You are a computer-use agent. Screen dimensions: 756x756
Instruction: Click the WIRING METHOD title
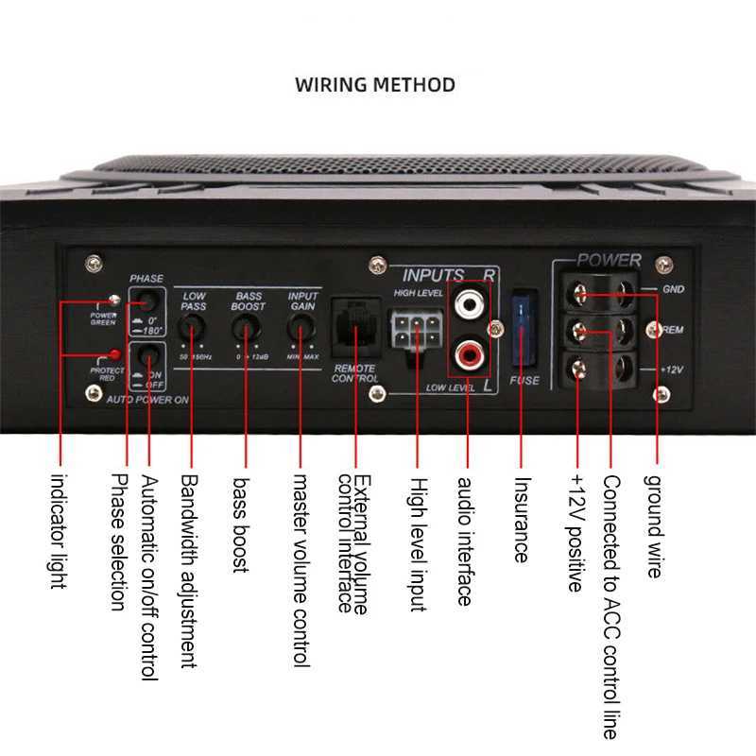375,85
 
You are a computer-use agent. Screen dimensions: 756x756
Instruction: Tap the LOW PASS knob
193,328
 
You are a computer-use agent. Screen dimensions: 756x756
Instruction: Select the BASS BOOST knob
247,328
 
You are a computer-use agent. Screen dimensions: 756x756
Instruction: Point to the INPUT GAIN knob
301,328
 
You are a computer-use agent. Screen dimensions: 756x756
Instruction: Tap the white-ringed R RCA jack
470,305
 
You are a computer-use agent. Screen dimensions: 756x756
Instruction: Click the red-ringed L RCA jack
470,355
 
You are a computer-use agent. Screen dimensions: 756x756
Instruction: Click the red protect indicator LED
113,354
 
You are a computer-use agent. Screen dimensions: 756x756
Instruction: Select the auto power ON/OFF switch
147,356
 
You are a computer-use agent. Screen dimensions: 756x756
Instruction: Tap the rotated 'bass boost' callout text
241,524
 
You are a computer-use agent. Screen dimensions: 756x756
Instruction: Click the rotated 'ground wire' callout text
655,525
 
